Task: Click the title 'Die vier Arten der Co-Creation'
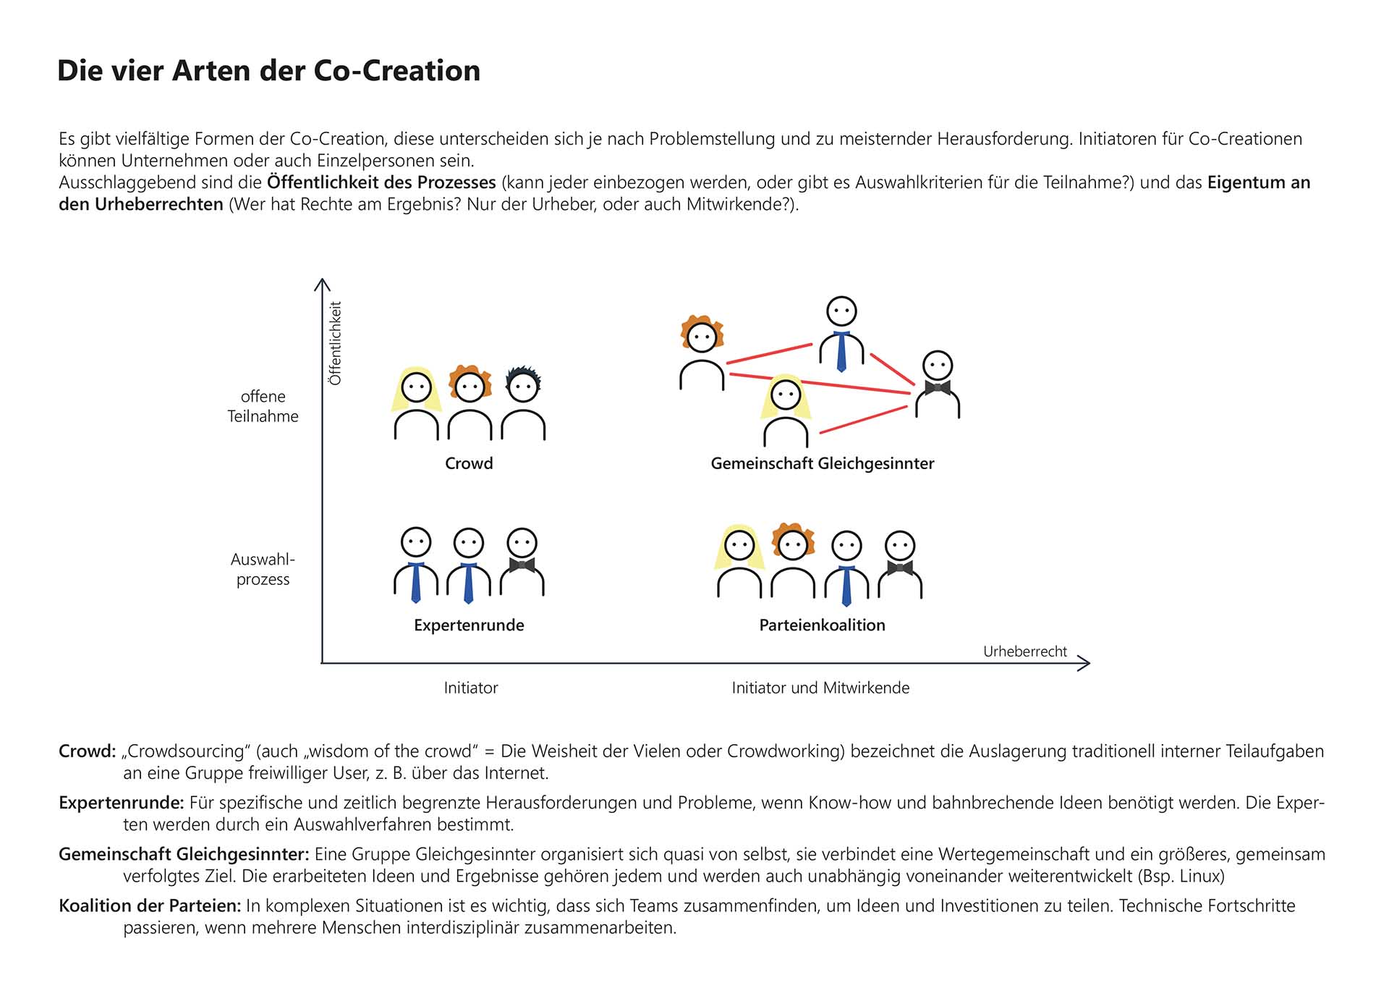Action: pos(268,71)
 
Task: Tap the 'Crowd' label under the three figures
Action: pos(469,463)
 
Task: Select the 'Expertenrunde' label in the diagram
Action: pos(469,625)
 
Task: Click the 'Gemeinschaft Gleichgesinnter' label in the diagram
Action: pos(822,463)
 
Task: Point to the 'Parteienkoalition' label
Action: pos(822,625)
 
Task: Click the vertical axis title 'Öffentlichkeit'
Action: pos(335,343)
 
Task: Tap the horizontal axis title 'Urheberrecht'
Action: pos(1024,651)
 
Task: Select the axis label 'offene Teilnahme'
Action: pos(263,406)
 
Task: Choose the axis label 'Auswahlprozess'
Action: pos(263,569)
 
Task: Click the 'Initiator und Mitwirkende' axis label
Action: pos(820,688)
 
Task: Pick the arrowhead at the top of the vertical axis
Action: pos(322,284)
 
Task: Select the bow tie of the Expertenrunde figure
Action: pos(522,565)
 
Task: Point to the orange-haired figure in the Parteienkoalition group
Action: pos(793,561)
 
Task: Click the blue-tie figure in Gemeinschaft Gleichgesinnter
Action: pos(841,333)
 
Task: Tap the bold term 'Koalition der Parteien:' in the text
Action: pos(150,906)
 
